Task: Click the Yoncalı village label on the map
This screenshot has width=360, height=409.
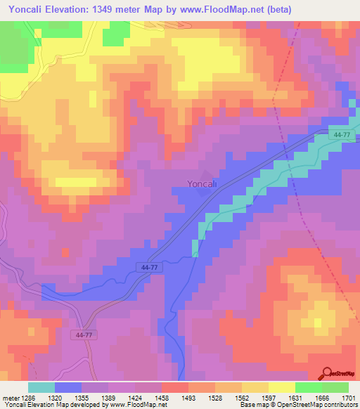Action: pos(205,185)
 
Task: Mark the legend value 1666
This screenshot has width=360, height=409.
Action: pos(322,396)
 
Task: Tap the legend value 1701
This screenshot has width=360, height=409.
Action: pos(347,396)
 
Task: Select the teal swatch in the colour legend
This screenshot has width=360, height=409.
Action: pos(41,387)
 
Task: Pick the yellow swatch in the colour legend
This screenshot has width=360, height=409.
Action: pos(281,387)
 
